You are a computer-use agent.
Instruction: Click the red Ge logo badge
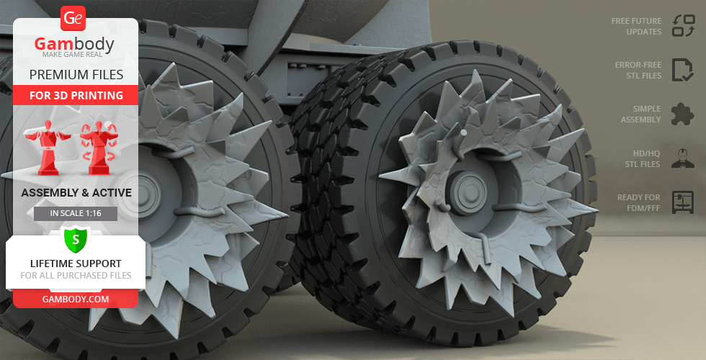point(73,19)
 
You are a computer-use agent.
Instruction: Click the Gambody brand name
point(74,44)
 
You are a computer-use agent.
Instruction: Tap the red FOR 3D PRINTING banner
point(76,95)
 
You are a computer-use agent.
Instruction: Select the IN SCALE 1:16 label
point(76,213)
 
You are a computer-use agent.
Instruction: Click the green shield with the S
point(76,240)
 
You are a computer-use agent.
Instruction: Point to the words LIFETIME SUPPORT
point(76,264)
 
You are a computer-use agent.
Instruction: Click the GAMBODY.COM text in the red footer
point(76,300)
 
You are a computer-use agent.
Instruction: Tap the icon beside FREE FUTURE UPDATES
point(684,26)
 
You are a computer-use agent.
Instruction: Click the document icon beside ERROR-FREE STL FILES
point(683,70)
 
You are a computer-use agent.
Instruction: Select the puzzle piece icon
point(682,114)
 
